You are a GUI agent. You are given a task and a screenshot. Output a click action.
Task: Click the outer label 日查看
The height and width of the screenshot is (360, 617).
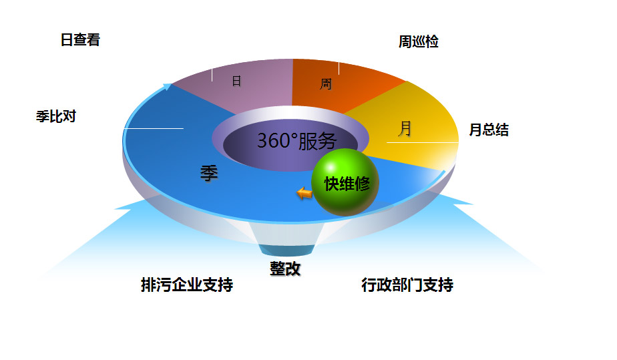click(x=80, y=40)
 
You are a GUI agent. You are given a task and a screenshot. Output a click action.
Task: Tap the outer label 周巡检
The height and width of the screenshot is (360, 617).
click(x=419, y=42)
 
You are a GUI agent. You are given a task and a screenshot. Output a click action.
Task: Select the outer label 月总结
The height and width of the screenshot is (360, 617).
click(x=489, y=130)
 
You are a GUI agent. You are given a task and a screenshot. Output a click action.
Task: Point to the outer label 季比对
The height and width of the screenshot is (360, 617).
click(x=55, y=116)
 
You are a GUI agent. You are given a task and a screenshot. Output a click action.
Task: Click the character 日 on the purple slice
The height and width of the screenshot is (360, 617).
click(x=236, y=81)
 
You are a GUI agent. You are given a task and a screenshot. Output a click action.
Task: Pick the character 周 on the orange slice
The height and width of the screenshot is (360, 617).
click(x=326, y=84)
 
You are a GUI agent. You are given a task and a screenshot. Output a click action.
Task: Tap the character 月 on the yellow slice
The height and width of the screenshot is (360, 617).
click(x=405, y=128)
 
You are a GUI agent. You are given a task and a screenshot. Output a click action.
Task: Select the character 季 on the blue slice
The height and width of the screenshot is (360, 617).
click(x=209, y=173)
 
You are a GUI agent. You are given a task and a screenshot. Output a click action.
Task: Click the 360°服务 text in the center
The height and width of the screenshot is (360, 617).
click(x=296, y=141)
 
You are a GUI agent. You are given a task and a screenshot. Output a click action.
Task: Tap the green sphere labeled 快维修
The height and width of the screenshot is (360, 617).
click(x=345, y=183)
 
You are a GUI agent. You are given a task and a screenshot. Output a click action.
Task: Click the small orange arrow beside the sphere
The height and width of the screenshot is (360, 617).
click(x=304, y=193)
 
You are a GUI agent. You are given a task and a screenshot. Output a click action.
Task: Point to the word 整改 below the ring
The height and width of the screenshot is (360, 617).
click(x=285, y=268)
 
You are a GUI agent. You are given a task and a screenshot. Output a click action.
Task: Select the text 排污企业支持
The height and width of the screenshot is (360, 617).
click(x=187, y=285)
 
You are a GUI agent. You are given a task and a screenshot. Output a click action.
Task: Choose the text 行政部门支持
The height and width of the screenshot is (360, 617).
click(x=407, y=285)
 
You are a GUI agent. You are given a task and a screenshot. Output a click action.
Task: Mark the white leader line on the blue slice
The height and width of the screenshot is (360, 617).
click(x=154, y=128)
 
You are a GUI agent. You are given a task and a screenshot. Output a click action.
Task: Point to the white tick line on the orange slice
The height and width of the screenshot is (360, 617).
click(x=339, y=68)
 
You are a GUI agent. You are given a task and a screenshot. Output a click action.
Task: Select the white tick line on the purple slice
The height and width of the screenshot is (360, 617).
click(x=212, y=74)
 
